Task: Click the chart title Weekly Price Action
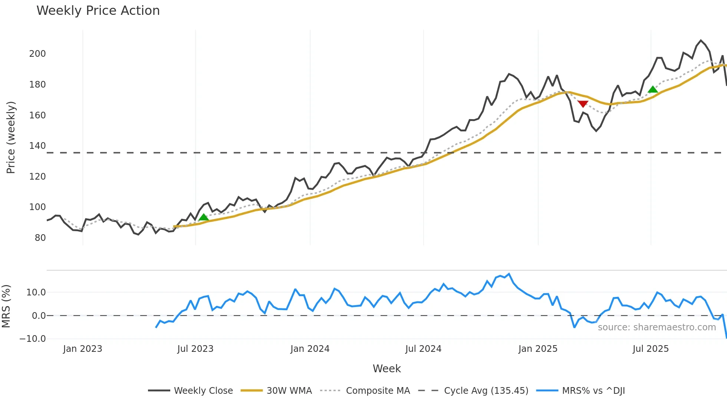[x=98, y=11]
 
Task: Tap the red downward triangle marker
[x=583, y=104]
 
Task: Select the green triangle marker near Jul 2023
[x=203, y=217]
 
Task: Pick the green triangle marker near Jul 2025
[x=653, y=89]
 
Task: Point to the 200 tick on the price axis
[x=37, y=54]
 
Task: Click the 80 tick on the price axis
[x=40, y=238]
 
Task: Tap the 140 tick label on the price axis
[x=37, y=146]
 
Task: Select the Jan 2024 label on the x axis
[x=310, y=349]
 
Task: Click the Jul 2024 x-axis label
[x=423, y=349]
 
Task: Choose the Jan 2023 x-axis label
[x=82, y=349]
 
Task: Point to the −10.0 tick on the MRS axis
[x=33, y=339]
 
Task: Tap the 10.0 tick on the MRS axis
[x=36, y=292]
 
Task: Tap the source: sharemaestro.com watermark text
[x=657, y=327]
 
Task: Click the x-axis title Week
[x=386, y=369]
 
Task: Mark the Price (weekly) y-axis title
[x=11, y=137]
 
